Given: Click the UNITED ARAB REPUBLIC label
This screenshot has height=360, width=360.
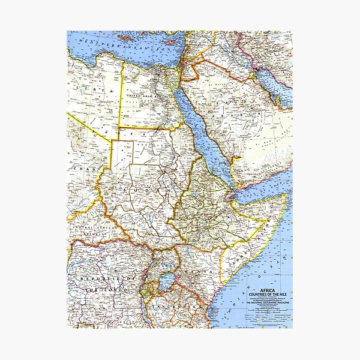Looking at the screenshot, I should click(x=147, y=97).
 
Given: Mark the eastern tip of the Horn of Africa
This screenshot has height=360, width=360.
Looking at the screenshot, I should click(x=283, y=196).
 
